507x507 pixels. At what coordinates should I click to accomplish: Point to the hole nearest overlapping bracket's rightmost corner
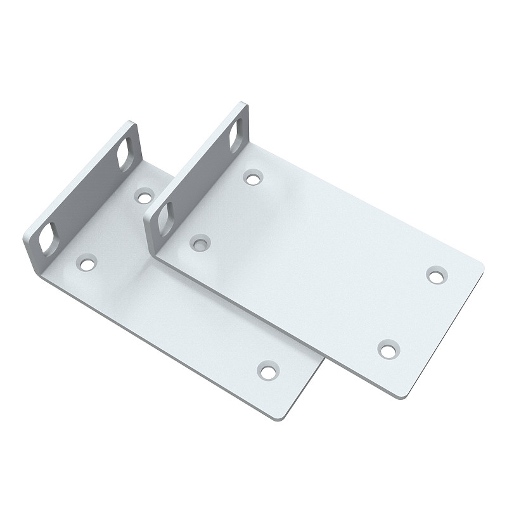pyautogui.click(x=435, y=275)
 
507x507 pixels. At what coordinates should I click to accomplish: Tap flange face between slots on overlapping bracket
pyautogui.click(x=198, y=174)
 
